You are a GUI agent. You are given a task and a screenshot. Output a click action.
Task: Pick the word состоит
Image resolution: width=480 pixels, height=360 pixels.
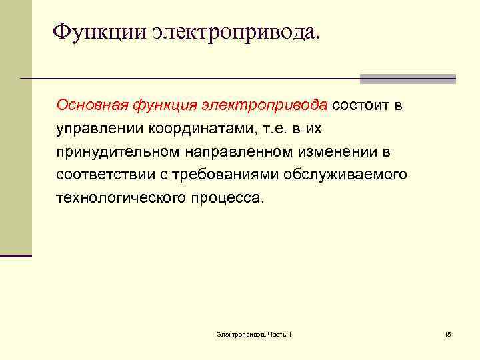[x=361, y=105]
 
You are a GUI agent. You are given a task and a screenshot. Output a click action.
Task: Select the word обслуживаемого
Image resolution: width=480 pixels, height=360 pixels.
[x=344, y=175]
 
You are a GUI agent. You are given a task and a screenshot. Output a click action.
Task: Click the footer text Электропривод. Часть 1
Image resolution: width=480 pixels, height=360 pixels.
[x=254, y=334]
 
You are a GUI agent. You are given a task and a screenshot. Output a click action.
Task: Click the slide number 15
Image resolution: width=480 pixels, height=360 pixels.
[x=447, y=334]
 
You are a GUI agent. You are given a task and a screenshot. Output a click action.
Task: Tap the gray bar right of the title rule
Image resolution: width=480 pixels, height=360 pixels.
[x=407, y=79]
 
